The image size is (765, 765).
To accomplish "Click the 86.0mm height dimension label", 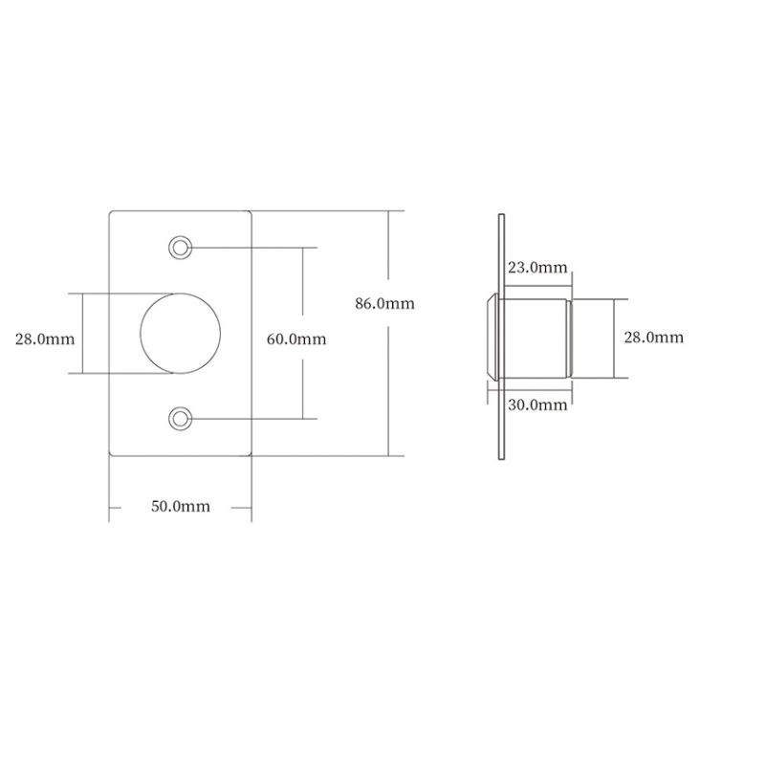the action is pos(384,303).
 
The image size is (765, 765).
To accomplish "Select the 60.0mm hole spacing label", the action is pos(296,339).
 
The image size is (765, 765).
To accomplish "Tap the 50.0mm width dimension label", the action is pos(181,507).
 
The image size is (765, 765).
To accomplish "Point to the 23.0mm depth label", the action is pos(537,268).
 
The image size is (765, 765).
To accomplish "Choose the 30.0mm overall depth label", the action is pos(537,404).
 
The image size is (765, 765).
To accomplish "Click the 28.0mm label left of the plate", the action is pos(45,339).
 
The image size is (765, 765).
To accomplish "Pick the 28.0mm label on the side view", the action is pos(654,338).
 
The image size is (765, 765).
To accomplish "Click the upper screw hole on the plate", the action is pos(180,248).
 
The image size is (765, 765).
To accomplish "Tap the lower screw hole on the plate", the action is pos(180,419).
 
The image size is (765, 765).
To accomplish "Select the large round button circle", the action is pos(141,334).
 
